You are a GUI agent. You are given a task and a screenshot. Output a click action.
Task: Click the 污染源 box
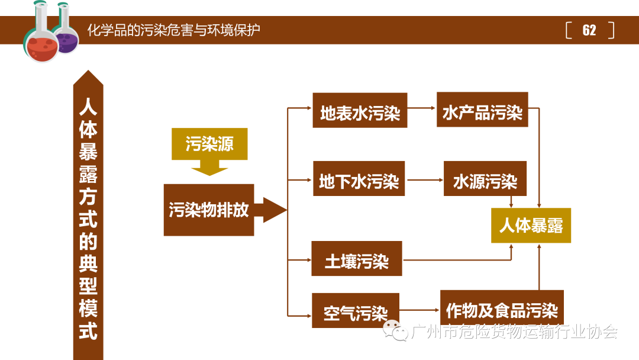[209, 144]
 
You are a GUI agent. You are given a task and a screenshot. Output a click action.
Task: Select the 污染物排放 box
[209, 210]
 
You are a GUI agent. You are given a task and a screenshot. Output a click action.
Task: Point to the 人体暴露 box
[531, 225]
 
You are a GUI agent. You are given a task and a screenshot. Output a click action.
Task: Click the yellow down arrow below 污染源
[209, 168]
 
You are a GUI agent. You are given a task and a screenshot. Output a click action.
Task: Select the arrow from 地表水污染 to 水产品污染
[421, 108]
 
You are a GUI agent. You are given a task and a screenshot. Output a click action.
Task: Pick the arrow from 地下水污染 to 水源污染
[424, 179]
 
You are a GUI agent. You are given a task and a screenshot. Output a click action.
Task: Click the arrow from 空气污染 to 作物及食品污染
[419, 309]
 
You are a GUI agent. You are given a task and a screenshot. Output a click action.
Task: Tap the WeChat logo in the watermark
[395, 332]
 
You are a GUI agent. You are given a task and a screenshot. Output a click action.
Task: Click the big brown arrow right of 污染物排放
[270, 210]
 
